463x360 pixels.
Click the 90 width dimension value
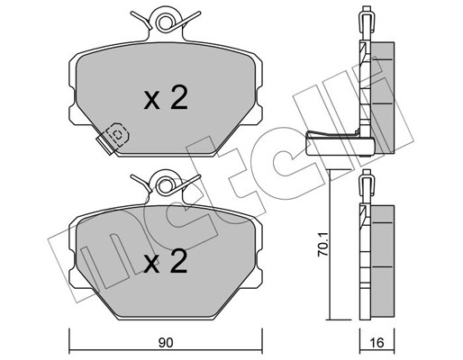[x=166, y=343]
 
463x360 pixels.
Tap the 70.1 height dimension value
[x=323, y=245]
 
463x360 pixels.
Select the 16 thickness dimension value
[x=377, y=343]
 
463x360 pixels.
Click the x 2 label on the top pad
[x=166, y=97]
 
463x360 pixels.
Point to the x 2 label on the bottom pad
[x=166, y=261]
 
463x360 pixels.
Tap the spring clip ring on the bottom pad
[x=165, y=185]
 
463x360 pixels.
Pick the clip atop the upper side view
[x=366, y=20]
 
